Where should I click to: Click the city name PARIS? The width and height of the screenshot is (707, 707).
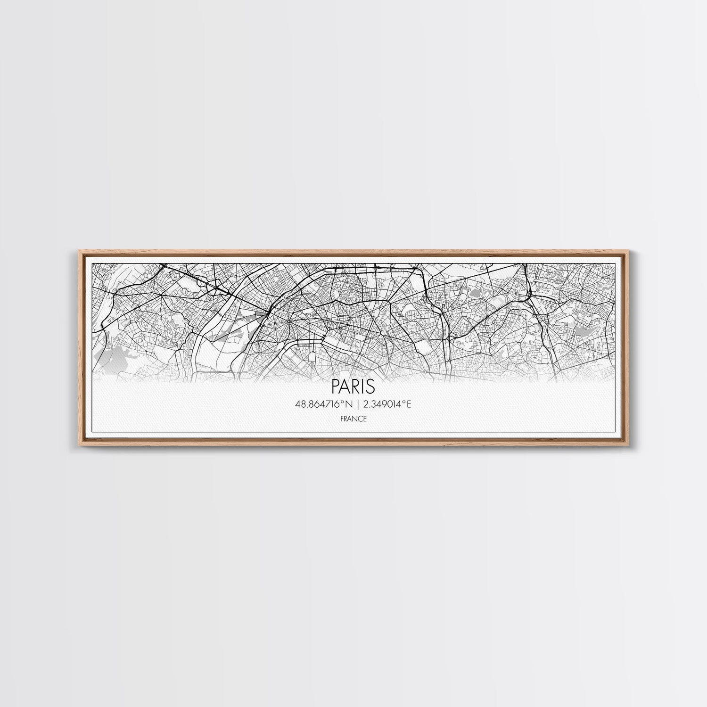click(353, 386)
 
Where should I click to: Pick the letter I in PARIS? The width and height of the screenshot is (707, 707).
click(363, 386)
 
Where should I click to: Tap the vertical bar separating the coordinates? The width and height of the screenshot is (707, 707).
click(358, 404)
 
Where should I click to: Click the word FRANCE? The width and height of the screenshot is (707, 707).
click(353, 419)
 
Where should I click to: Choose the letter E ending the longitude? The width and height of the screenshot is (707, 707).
click(409, 404)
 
